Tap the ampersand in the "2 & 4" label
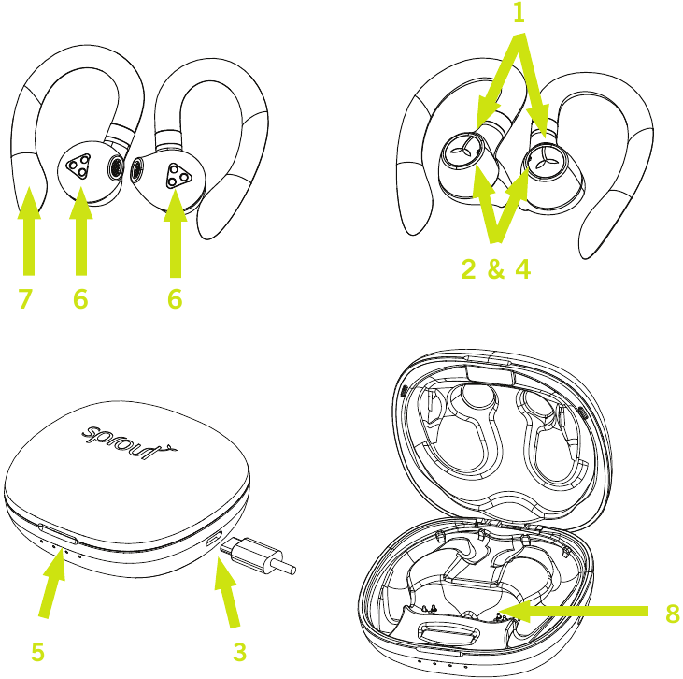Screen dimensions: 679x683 coord(496,269)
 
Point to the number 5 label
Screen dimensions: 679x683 coord(37,653)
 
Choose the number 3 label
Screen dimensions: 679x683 coord(240,653)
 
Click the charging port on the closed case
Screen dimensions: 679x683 coord(214,542)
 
